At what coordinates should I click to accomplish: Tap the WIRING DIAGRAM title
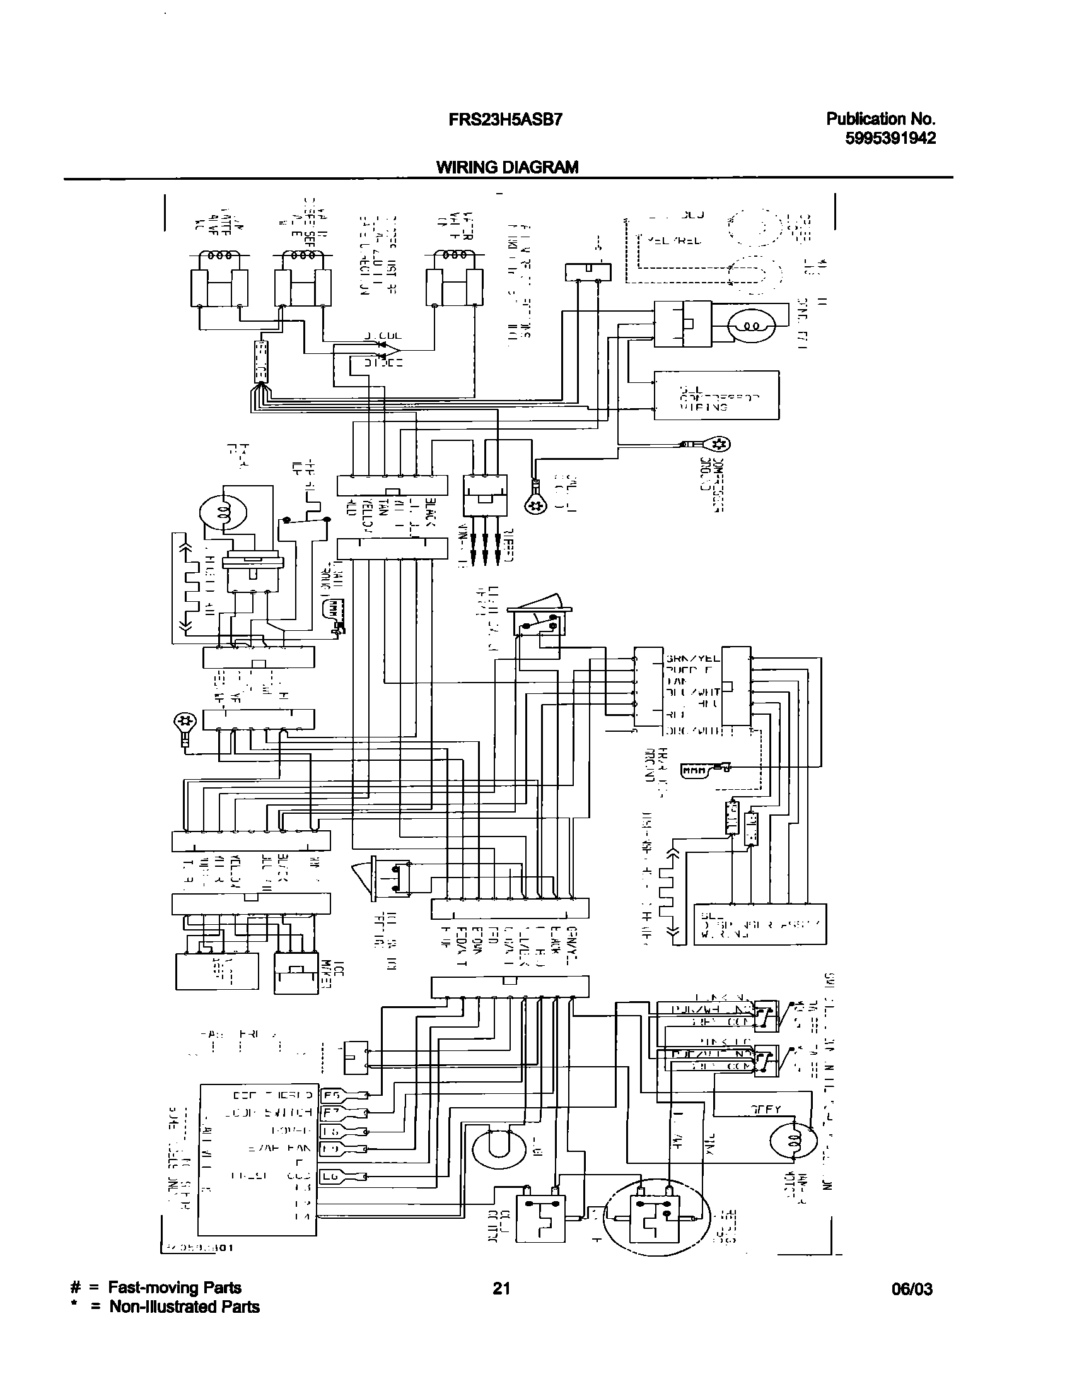tap(508, 167)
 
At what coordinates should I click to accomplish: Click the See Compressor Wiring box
tap(716, 396)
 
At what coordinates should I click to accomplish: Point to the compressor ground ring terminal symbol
tap(721, 444)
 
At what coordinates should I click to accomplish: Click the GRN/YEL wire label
tap(693, 658)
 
